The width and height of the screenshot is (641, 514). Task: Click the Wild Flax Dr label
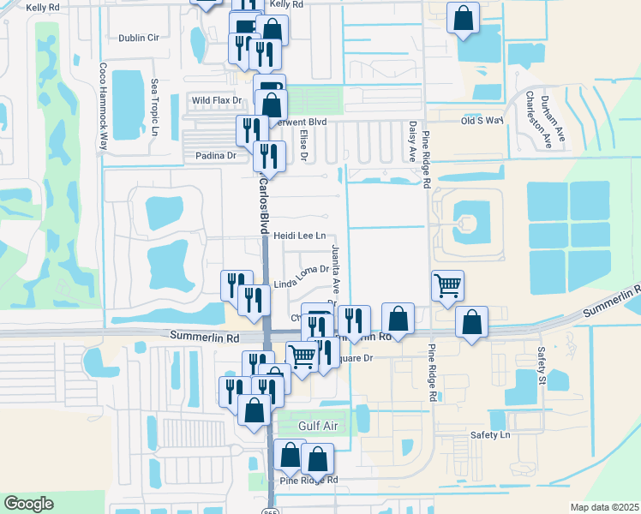tap(217, 100)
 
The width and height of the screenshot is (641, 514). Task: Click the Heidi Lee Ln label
tap(301, 236)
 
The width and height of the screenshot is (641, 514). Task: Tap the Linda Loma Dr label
tap(302, 284)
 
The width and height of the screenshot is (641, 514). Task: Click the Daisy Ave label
tap(412, 142)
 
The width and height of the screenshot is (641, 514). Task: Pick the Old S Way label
tap(482, 121)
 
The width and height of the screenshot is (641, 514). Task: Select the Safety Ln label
tap(489, 435)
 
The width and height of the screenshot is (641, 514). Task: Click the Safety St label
tap(542, 364)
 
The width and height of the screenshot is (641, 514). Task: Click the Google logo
tap(28, 504)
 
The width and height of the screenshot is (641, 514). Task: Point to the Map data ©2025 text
tap(604, 507)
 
